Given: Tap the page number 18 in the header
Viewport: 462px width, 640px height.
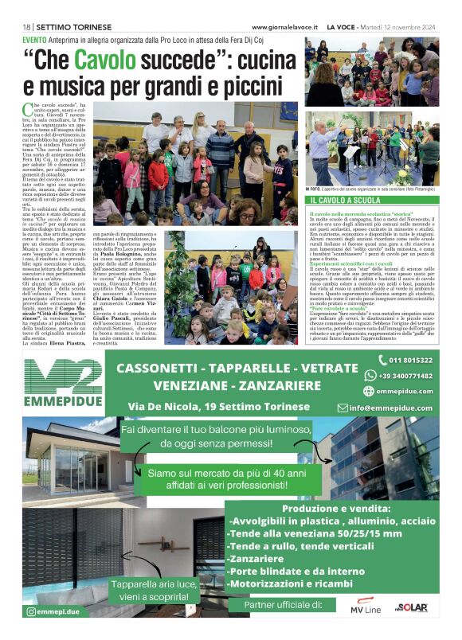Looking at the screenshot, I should [27, 27].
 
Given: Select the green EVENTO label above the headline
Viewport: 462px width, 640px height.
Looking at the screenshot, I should [34, 39].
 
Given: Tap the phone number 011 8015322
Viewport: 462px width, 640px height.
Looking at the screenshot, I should [411, 361].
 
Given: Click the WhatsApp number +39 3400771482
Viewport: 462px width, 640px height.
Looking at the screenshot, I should [405, 376].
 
